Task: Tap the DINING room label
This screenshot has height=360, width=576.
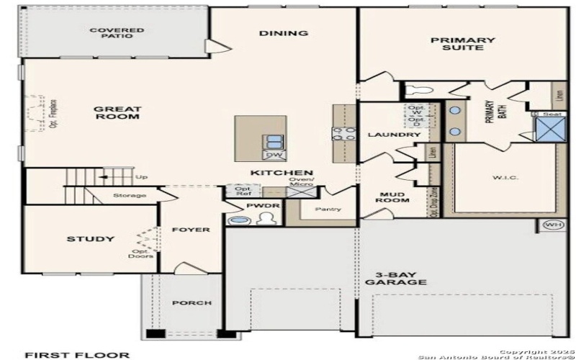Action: coord(284,33)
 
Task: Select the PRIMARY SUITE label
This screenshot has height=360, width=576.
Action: coord(463,45)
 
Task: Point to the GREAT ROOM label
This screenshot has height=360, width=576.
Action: coord(117,113)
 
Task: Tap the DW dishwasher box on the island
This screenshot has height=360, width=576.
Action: coord(274,155)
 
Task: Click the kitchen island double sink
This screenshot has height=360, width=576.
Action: coord(274,141)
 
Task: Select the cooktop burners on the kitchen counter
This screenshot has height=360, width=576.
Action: coord(343,133)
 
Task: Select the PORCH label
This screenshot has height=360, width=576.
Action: coord(192,303)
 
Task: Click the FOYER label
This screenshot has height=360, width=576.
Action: coord(191,230)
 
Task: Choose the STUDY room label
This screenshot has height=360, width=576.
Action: coord(90,239)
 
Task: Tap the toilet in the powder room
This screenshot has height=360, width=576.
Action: coord(260,220)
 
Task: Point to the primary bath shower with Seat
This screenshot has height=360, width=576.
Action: coord(547,130)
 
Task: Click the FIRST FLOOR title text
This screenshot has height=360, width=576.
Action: coord(68,354)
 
